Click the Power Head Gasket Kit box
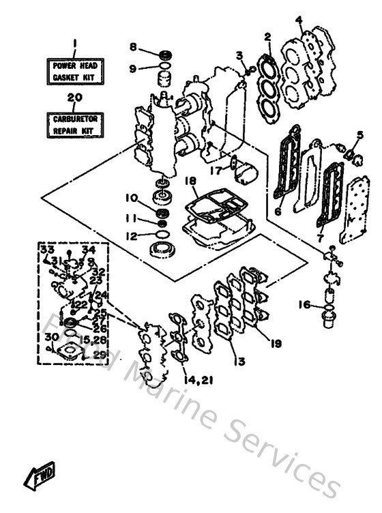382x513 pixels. click(75, 72)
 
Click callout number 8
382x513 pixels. click(134, 46)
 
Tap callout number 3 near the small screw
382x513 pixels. click(239, 55)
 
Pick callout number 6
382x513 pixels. click(278, 212)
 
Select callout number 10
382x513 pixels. click(131, 199)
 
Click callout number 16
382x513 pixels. click(304, 305)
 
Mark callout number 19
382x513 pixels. click(275, 345)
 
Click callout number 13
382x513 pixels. click(237, 360)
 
